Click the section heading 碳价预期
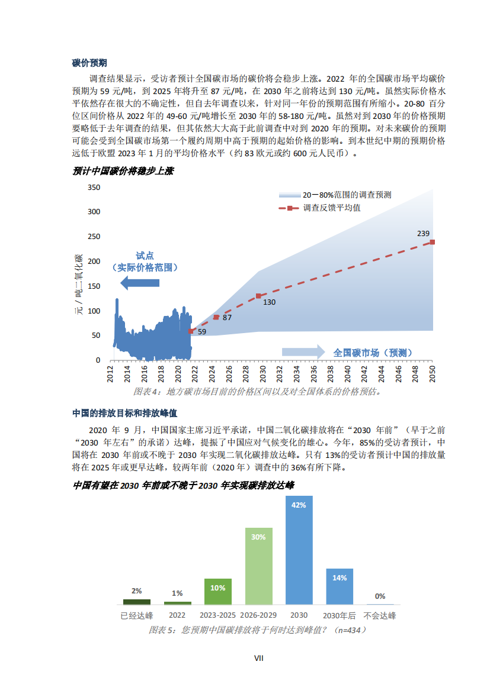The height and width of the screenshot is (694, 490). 89,63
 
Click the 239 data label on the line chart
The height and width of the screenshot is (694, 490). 423,234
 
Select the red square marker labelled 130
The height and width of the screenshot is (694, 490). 258,296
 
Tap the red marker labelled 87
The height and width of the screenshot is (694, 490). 216,317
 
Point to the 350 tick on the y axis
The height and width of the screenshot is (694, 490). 94,187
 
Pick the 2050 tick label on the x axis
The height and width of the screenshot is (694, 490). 432,374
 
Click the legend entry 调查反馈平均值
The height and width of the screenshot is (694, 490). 332,208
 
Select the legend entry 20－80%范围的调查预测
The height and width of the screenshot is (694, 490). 347,195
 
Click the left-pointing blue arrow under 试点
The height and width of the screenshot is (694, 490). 140,283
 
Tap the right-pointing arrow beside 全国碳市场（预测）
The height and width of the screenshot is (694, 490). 303,352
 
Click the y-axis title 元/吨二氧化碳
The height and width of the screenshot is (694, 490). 78,285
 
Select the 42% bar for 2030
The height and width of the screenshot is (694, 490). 299,550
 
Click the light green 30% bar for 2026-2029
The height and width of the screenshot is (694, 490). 258,566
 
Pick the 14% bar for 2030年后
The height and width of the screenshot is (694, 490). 340,586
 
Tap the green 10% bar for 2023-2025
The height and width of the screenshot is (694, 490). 217,591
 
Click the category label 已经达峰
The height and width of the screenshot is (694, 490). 137,615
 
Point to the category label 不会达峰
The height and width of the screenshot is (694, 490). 380,615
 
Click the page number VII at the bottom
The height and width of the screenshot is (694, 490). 258,658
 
